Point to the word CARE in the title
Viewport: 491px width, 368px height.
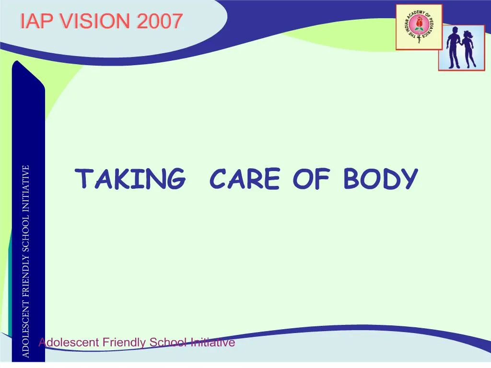coord(245,179)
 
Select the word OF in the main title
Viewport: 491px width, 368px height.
coord(311,179)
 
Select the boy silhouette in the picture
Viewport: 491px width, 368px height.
coord(453,48)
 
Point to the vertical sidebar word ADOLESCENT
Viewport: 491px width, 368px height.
coord(26,330)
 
